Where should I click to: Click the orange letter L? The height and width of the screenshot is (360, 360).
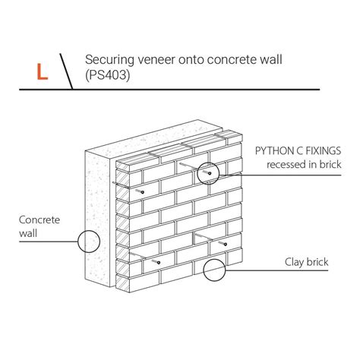(x=43, y=72)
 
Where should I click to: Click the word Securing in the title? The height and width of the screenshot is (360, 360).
(x=109, y=60)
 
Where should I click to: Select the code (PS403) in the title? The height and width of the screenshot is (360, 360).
(x=108, y=75)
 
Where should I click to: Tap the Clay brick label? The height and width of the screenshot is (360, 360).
(x=306, y=262)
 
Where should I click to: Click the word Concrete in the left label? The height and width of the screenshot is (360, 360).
(x=39, y=219)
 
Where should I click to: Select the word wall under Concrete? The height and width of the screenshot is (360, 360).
(x=28, y=233)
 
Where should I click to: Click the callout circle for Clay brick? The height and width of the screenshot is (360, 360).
(x=214, y=259)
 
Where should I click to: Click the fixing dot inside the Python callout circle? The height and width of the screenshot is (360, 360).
(x=210, y=173)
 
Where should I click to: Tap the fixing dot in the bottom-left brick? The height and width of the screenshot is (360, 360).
(x=159, y=263)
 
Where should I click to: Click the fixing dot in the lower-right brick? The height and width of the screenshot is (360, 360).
(x=225, y=245)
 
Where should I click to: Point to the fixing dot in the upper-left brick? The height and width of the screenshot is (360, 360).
(x=143, y=192)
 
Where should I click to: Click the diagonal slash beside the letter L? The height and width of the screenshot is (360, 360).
(x=66, y=71)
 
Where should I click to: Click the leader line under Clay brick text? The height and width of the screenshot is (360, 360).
(x=276, y=270)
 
